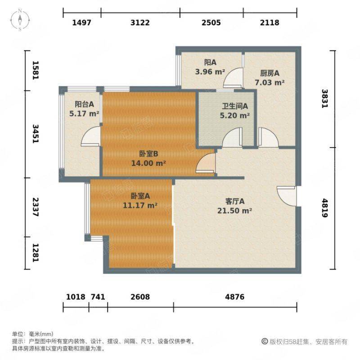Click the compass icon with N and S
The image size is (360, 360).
20,20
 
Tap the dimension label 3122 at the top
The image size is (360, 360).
140,22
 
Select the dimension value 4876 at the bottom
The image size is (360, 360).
234,297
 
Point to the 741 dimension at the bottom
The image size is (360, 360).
98,297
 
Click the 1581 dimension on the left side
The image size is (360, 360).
36,70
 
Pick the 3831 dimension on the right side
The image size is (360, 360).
324,99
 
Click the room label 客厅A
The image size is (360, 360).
234,201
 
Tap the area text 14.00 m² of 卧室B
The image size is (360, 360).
148,163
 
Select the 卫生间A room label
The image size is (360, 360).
234,106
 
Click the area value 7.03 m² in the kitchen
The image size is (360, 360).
270,82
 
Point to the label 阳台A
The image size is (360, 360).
84,104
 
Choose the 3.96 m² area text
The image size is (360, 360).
210,72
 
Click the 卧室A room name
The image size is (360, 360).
140,196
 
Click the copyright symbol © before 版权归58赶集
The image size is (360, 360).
265,342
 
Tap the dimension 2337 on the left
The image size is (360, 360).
36,207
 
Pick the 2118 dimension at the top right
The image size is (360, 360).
270,22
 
